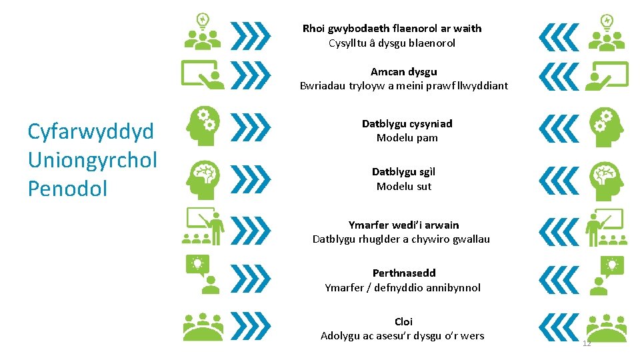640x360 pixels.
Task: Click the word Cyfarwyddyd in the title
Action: pyautogui.click(x=91, y=131)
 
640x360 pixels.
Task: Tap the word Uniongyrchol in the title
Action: pyautogui.click(x=93, y=160)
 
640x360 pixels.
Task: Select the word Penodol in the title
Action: pyautogui.click(x=67, y=189)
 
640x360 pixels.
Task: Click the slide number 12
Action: pyautogui.click(x=587, y=343)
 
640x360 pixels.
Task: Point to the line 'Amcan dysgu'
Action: pyautogui.click(x=404, y=71)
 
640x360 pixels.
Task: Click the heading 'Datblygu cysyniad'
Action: pyautogui.click(x=407, y=123)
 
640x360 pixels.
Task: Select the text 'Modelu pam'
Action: pyautogui.click(x=407, y=138)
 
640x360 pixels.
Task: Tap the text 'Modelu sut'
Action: pyautogui.click(x=404, y=186)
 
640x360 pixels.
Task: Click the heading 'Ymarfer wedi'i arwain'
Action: pyautogui.click(x=403, y=225)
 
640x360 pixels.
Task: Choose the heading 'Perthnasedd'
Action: pyautogui.click(x=404, y=273)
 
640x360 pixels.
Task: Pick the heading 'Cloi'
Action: pyautogui.click(x=403, y=321)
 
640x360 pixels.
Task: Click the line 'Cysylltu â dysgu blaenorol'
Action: pyautogui.click(x=392, y=43)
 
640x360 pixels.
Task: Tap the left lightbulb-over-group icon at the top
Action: pyautogui.click(x=203, y=31)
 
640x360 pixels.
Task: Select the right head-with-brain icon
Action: pyautogui.click(x=606, y=176)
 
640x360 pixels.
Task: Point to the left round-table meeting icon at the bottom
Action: pyautogui.click(x=203, y=327)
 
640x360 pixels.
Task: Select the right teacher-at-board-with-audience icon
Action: pyautogui.click(x=605, y=227)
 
